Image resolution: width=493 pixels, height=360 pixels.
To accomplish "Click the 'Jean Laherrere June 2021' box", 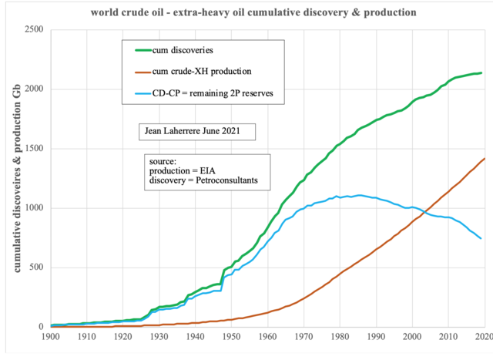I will (x=196, y=132).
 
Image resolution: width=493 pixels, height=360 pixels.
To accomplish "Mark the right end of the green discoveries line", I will (x=482, y=73).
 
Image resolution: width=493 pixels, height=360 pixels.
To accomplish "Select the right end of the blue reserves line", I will (x=482, y=238).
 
